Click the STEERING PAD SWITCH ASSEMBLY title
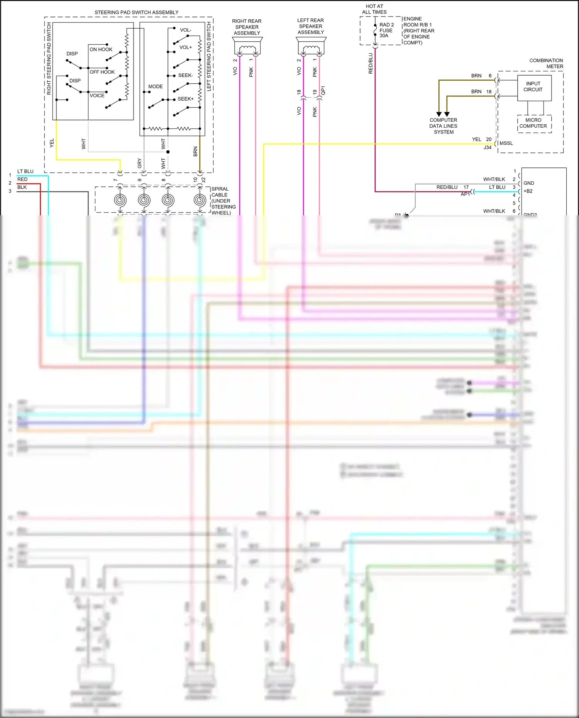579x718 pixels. (136, 12)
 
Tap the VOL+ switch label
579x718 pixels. (185, 47)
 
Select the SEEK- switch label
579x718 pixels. (185, 76)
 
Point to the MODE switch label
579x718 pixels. (156, 86)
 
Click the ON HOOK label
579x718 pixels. (101, 49)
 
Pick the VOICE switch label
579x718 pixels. (97, 96)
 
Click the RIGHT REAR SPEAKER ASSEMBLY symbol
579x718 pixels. (247, 46)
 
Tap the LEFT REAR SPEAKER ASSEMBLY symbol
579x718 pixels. (311, 46)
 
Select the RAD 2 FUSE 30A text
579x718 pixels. (386, 30)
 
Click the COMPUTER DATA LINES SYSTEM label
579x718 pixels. (443, 126)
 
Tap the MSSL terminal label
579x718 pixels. (506, 143)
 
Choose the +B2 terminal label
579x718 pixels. (528, 191)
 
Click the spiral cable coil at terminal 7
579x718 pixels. (120, 200)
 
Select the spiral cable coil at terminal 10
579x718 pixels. (200, 200)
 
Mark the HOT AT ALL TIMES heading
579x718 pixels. (374, 9)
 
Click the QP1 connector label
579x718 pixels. (323, 90)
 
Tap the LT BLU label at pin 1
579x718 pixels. (25, 171)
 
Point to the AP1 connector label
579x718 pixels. (465, 194)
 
